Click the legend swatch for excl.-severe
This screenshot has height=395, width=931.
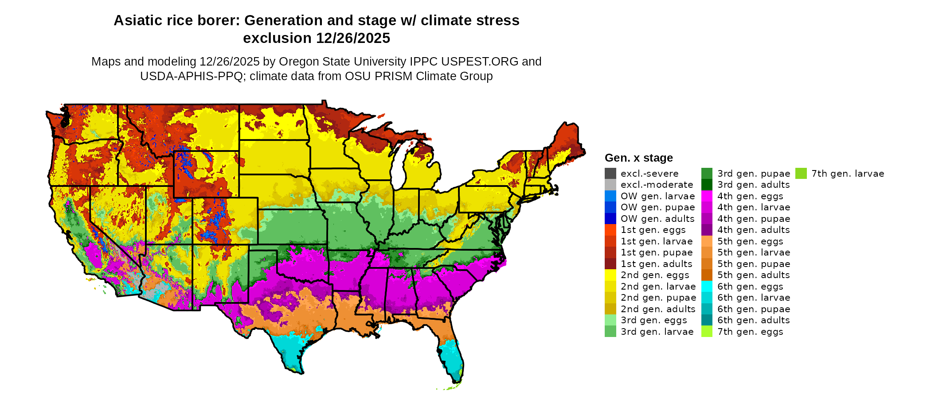pyautogui.click(x=610, y=174)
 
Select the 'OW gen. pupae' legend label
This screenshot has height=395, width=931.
pyautogui.click(x=657, y=207)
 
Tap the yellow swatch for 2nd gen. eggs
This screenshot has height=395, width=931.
pyautogui.click(x=610, y=275)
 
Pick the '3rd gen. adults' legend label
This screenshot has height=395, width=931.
pyautogui.click(x=753, y=185)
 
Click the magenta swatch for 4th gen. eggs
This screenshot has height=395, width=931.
pyautogui.click(x=707, y=196)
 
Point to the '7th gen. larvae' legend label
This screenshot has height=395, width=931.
pyautogui.click(x=848, y=174)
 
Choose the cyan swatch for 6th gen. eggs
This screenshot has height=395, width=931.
pyautogui.click(x=707, y=287)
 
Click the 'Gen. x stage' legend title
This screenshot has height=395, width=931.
pyautogui.click(x=638, y=158)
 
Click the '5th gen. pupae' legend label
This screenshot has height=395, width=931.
pyautogui.click(x=753, y=264)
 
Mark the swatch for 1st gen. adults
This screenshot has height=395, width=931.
pyautogui.click(x=610, y=264)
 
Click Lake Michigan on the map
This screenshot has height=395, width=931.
pyautogui.click(x=398, y=166)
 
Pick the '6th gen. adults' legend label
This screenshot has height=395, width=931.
pyautogui.click(x=753, y=320)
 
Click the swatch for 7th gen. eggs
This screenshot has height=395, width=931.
pyautogui.click(x=707, y=332)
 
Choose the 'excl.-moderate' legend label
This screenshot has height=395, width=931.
pyautogui.click(x=657, y=185)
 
